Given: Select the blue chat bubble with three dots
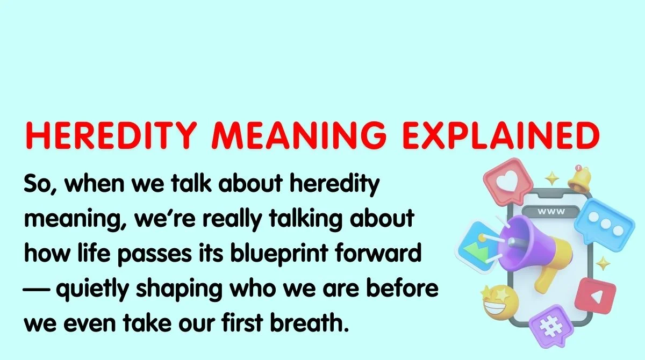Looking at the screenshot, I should click(603, 221).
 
